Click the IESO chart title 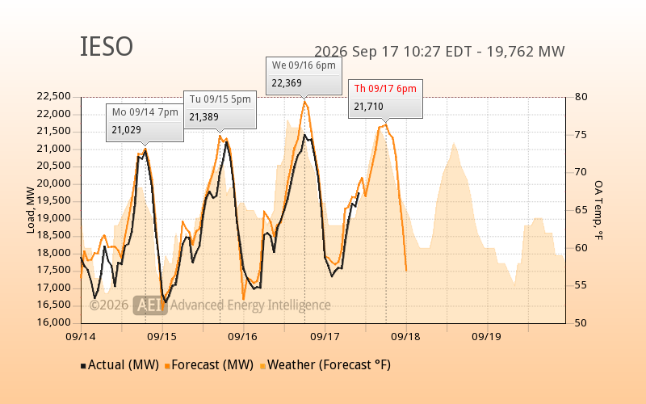pyautogui.click(x=107, y=46)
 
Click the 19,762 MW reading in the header pyautogui.click(x=526, y=52)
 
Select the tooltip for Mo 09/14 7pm pyautogui.click(x=145, y=123)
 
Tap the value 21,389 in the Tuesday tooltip pyautogui.click(x=204, y=117)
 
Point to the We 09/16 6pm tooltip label pyautogui.click(x=304, y=65)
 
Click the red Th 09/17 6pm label pyautogui.click(x=385, y=89)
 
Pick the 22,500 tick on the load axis pyautogui.click(x=54, y=96)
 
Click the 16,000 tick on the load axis pyautogui.click(x=54, y=322)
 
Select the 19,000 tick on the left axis pyautogui.click(x=54, y=218)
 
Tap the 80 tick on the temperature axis pyautogui.click(x=581, y=97)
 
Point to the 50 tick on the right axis pyautogui.click(x=581, y=322)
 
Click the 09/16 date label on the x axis pyautogui.click(x=243, y=337)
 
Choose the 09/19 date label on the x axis pyautogui.click(x=487, y=337)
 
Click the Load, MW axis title pyautogui.click(x=31, y=210)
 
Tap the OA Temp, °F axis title pyautogui.click(x=598, y=210)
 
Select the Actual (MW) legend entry pyautogui.click(x=120, y=365)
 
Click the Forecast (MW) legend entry pyautogui.click(x=209, y=365)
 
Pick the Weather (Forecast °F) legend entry pyautogui.click(x=325, y=365)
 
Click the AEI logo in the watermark pyautogui.click(x=150, y=305)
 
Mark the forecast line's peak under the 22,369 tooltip pyautogui.click(x=305, y=100)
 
